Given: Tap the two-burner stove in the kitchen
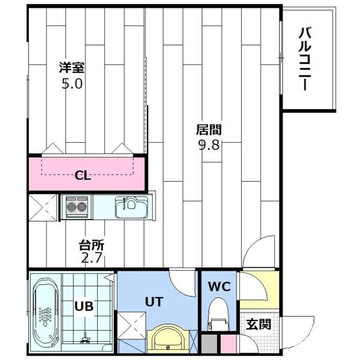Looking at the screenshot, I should [x=77, y=206].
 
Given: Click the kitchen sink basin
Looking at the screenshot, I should [x=129, y=208].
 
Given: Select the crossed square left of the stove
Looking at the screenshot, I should [x=43, y=208].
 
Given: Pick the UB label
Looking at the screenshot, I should [x=83, y=306].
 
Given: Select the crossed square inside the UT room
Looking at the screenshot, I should [x=131, y=326].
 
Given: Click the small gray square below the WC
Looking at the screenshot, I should [x=209, y=344].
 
